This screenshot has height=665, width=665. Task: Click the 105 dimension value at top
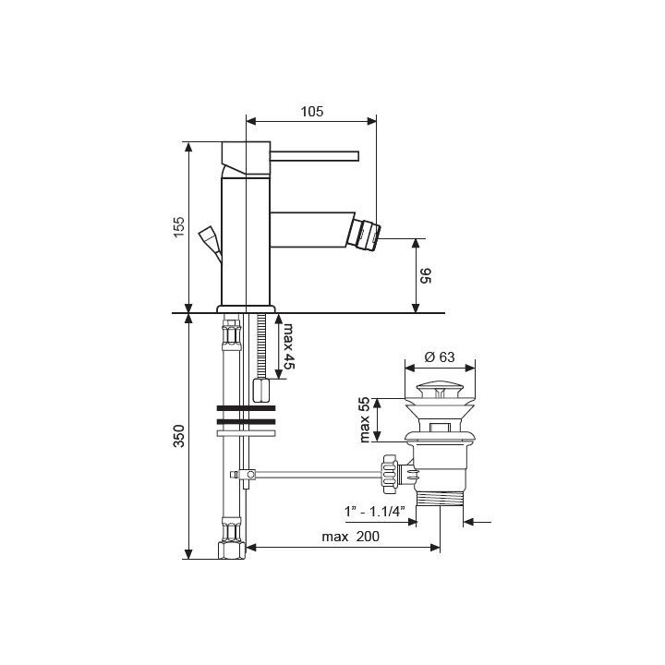[312, 112]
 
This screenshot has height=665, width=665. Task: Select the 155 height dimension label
[179, 227]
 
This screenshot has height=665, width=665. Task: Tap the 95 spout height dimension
[425, 275]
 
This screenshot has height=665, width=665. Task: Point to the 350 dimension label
[179, 436]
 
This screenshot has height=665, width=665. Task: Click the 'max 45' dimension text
[289, 346]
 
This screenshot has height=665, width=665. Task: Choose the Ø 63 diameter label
[440, 357]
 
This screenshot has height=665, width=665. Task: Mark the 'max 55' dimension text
[364, 420]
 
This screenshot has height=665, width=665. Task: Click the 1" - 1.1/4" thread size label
[374, 511]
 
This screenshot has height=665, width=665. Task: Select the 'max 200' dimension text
[351, 537]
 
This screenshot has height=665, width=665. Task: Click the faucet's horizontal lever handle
[315, 156]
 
